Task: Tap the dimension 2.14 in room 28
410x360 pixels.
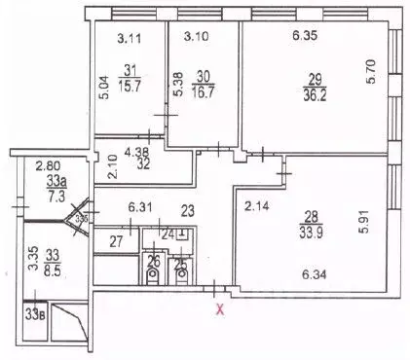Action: [x=255, y=206]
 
